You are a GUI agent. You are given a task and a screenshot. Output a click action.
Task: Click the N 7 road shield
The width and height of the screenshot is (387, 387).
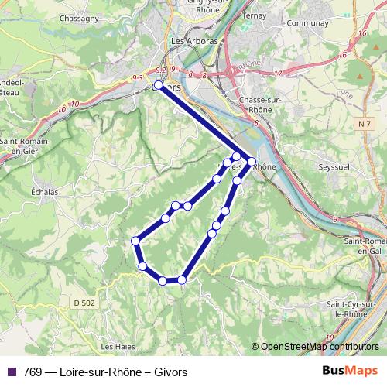365,124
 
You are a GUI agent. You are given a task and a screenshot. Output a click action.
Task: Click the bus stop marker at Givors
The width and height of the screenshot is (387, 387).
158,86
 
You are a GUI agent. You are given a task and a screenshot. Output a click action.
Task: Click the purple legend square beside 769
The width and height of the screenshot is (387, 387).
9,372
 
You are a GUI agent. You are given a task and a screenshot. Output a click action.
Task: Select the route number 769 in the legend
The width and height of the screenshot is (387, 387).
33,372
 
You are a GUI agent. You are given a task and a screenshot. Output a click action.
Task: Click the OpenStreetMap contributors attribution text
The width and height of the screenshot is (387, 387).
319,346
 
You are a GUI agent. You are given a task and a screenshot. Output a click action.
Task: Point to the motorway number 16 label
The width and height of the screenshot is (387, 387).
341,55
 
